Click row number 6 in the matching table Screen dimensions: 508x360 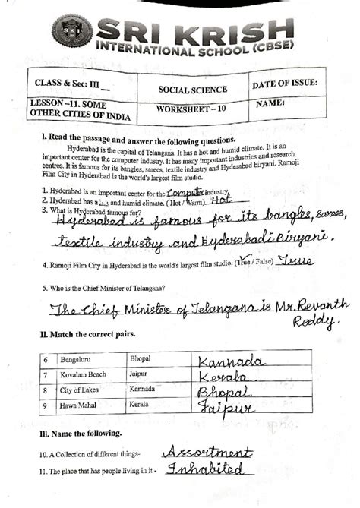click(45, 357)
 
